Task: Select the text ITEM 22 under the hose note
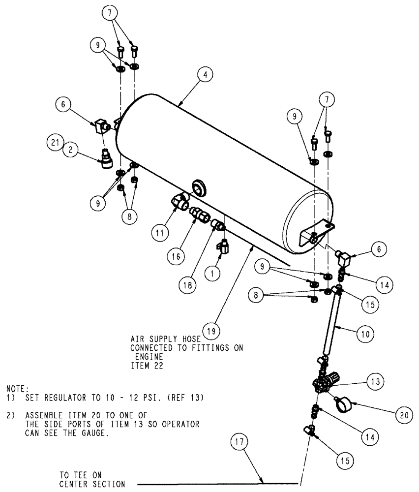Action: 145,367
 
